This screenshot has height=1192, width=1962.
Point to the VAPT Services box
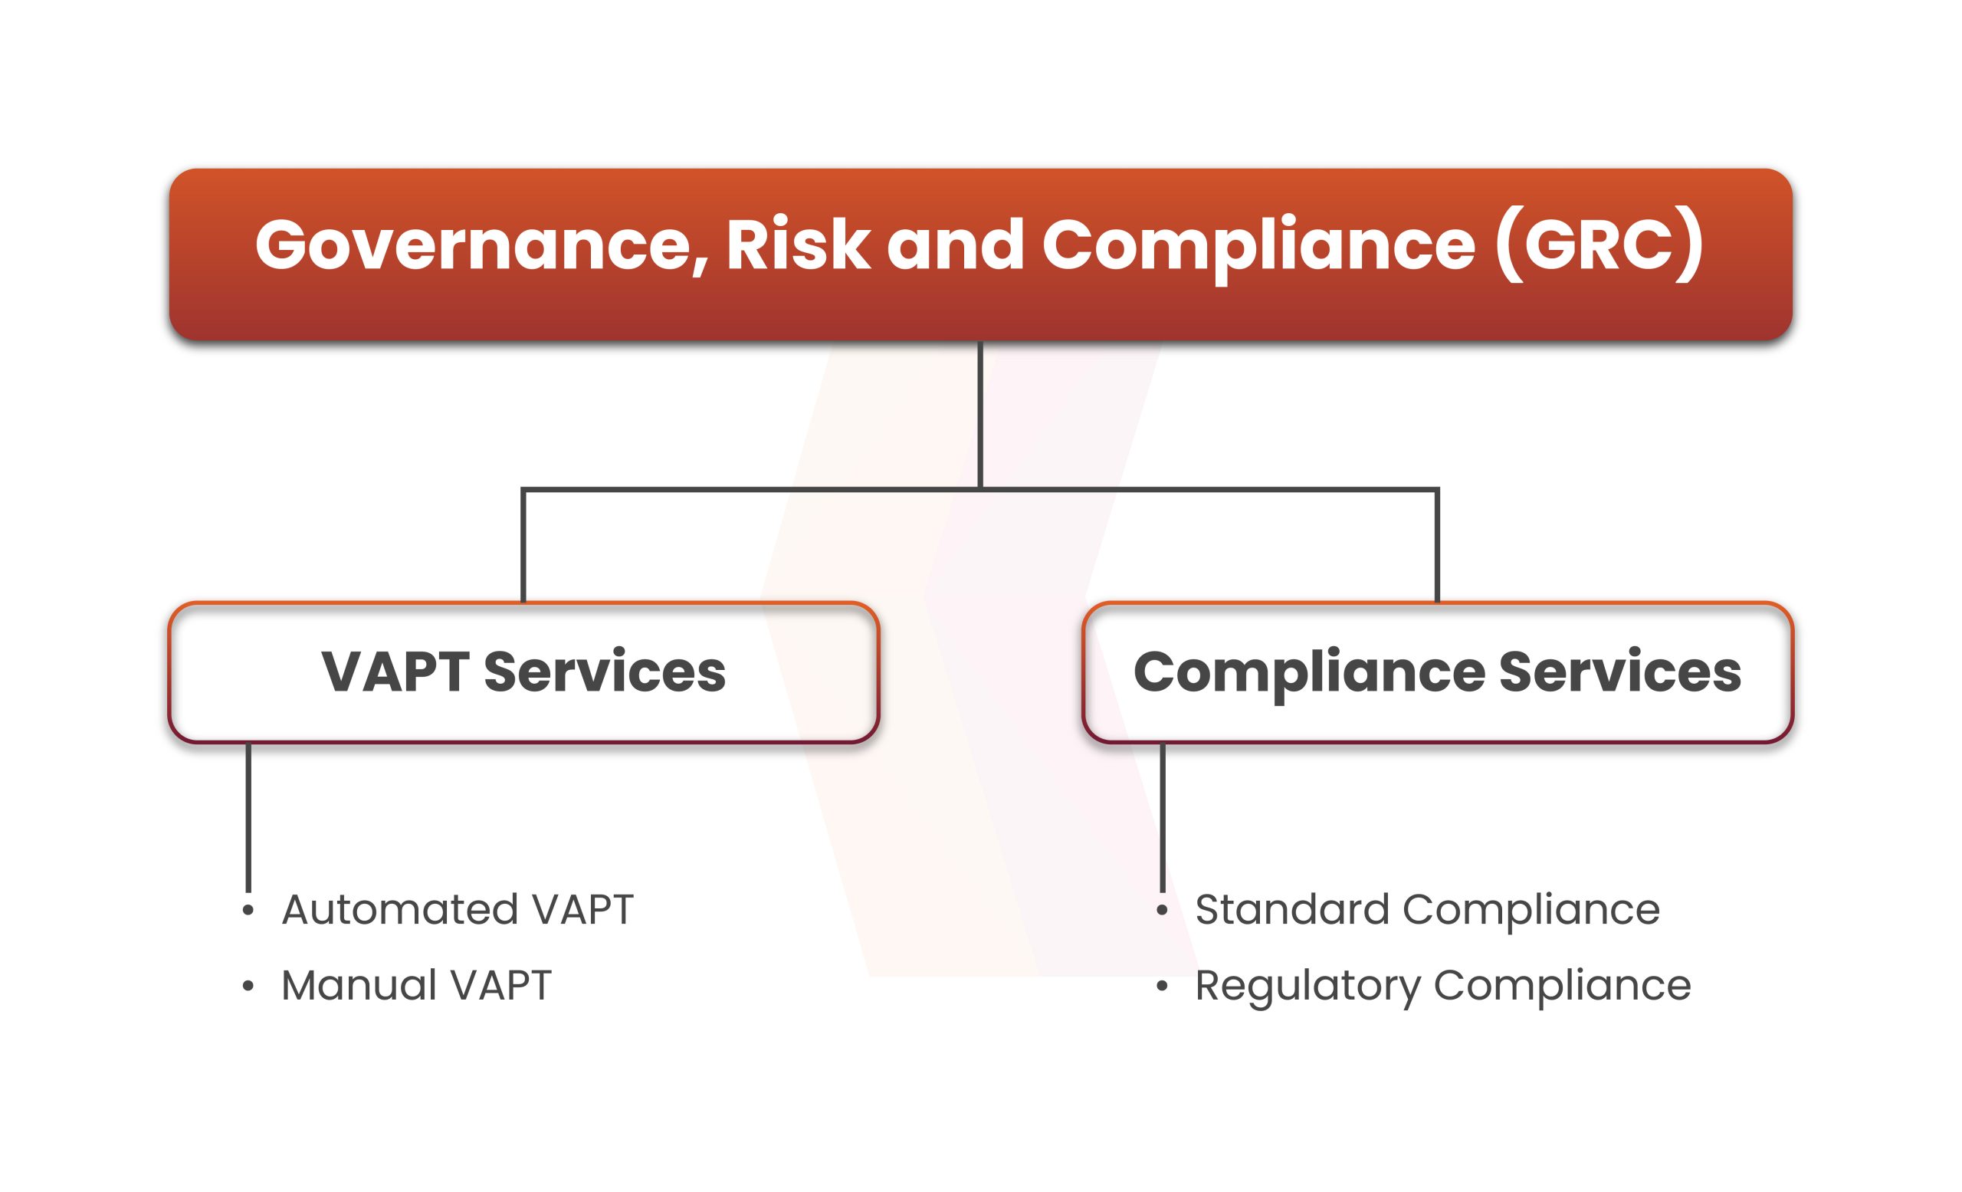523,673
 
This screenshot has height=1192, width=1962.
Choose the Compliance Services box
1437,673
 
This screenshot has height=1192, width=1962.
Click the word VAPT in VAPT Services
395,672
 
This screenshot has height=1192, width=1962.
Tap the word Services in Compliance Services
1620,672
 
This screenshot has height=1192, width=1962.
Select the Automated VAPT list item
458,909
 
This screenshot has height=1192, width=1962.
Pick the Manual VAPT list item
416,986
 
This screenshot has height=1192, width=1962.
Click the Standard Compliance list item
1428,909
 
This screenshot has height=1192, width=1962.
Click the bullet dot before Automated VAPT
248,910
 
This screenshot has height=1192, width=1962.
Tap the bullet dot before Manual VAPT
248,987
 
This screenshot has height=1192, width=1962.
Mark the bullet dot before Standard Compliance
1163,910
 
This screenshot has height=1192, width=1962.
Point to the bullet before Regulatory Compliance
1163,987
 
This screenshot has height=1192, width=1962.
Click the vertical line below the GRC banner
980,415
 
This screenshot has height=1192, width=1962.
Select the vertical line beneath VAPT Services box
248,818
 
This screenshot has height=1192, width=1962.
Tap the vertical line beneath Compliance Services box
1163,818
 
